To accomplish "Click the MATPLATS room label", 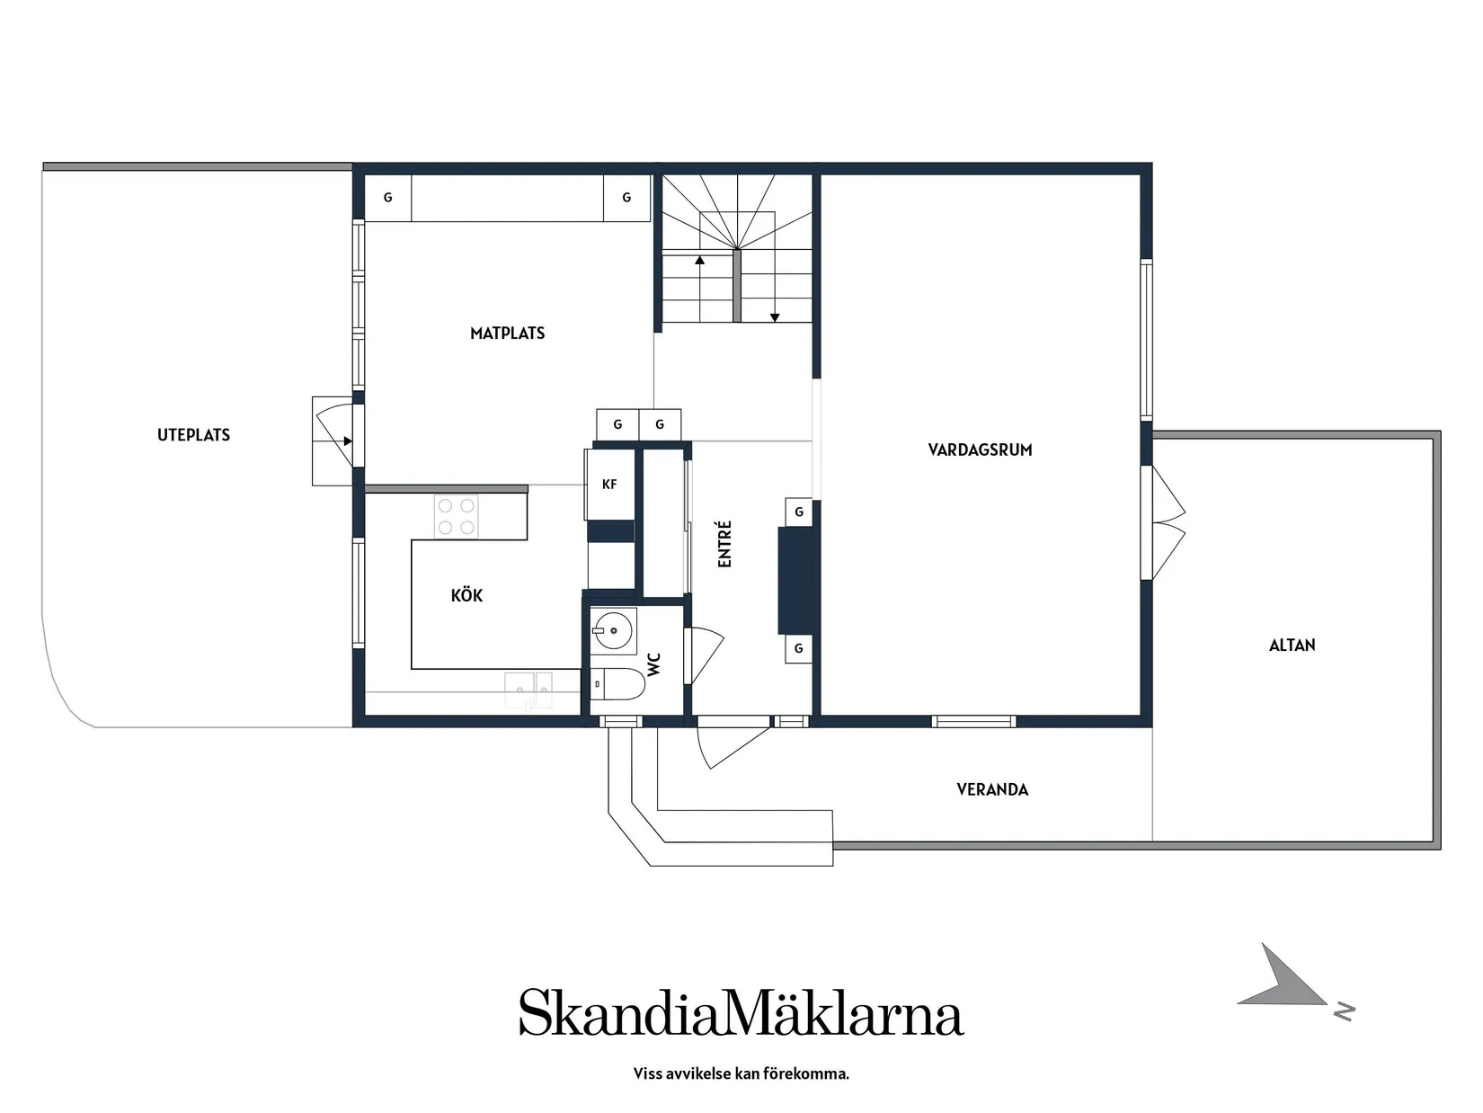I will pos(507,334).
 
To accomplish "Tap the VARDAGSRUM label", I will pos(980,450).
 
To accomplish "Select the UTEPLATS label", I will pos(193,435).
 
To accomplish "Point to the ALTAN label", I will pos(1292,645).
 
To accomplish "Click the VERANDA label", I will pos(992,789).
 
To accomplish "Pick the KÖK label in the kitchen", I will pos(466,595).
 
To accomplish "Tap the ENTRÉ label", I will pos(725,544).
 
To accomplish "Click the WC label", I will pos(654,664).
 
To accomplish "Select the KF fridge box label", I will pos(609,485).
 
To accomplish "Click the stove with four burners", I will pos(456,517).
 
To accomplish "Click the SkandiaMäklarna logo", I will pos(741,1013).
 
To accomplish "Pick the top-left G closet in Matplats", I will pos(387,198).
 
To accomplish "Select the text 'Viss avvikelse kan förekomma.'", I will pos(741,1073).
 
